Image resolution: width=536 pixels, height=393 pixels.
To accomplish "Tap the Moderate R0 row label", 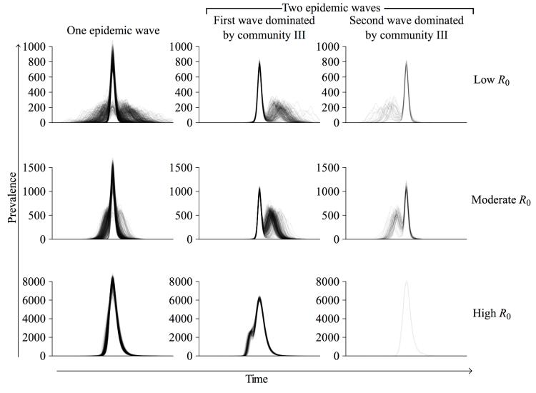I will pos(501,200).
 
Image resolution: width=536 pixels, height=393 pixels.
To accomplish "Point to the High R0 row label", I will pos(494,313).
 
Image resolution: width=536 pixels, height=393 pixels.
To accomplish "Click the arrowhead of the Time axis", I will pos(470,370).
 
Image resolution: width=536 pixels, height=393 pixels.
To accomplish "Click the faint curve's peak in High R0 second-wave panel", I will pos(406,282).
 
